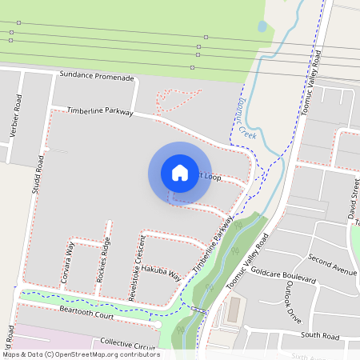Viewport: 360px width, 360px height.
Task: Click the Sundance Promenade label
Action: coord(96,78)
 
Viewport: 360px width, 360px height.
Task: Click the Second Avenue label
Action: coord(332,265)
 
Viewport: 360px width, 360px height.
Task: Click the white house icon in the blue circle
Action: coord(180,172)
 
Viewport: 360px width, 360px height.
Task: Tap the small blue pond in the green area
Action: coord(262,26)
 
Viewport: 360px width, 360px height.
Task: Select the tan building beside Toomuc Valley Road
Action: coord(234,311)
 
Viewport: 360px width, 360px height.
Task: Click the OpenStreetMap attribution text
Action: coord(81,354)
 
